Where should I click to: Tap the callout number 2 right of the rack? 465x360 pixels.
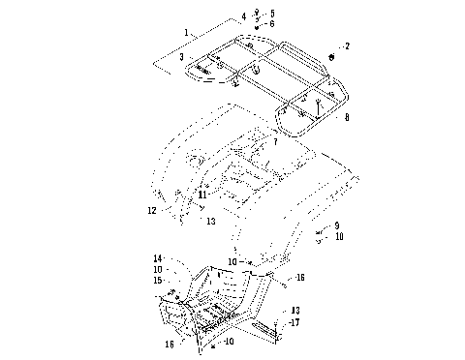click(x=347, y=45)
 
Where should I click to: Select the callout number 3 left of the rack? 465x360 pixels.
click(x=180, y=58)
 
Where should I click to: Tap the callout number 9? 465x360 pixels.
click(x=336, y=225)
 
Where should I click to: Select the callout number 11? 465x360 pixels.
click(x=201, y=195)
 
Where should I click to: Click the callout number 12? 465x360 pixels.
click(x=152, y=210)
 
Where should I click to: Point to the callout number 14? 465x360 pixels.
click(x=157, y=257)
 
